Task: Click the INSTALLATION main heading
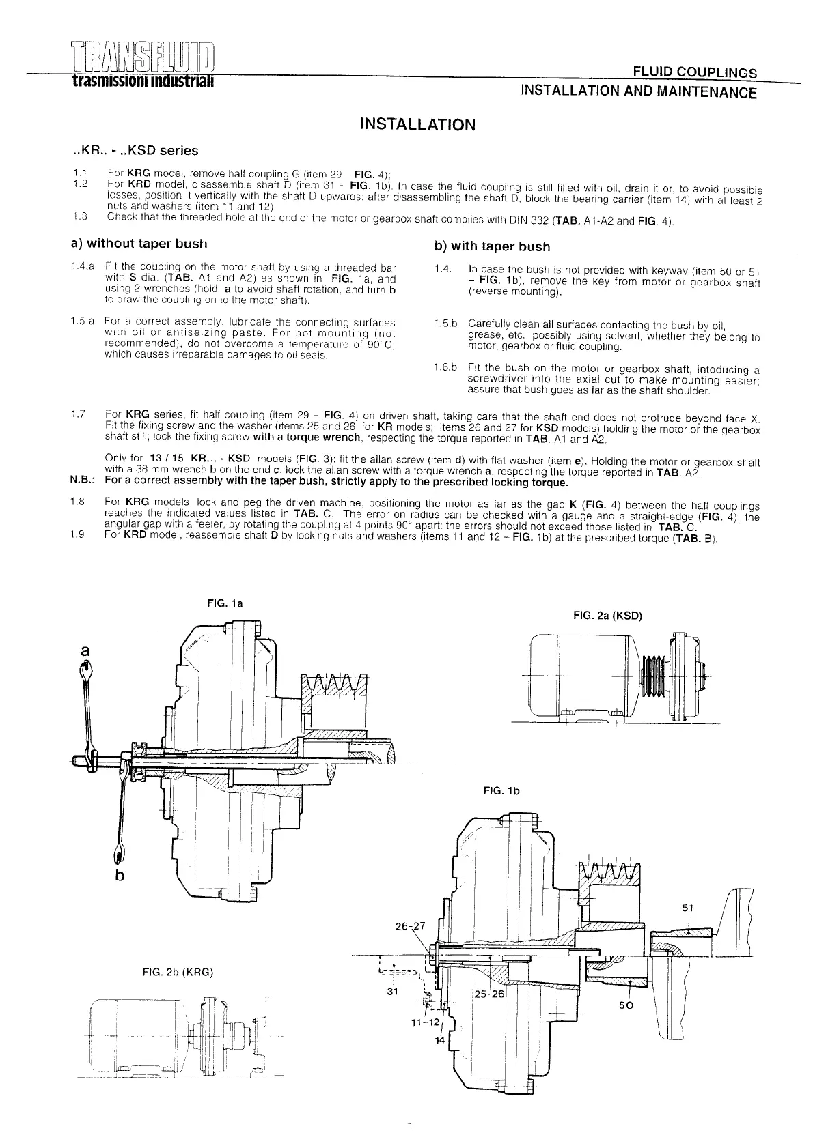coord(417,124)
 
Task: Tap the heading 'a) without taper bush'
coord(139,244)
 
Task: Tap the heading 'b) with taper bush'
coord(492,246)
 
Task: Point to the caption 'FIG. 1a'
coord(225,603)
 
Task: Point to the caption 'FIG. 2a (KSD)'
coord(608,616)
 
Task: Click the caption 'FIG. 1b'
coord(501,791)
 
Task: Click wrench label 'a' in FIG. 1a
coord(85,651)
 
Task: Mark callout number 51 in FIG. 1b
coord(688,908)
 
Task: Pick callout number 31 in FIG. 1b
coord(392,992)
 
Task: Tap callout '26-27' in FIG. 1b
coord(410,926)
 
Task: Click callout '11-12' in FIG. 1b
coord(425,1022)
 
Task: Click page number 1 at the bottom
coord(409,1125)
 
